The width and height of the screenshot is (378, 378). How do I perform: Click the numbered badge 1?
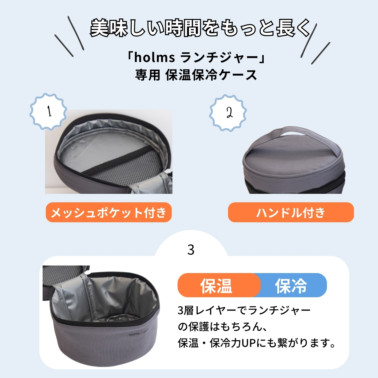[x=48, y=111]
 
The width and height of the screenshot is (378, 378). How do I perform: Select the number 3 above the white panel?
[x=191, y=250]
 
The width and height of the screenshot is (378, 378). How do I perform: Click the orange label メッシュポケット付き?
[x=109, y=212]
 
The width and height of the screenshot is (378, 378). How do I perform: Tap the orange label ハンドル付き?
[x=291, y=212]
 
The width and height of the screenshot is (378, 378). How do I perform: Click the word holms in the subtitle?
[x=155, y=57]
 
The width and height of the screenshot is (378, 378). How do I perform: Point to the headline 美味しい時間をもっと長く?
[x=200, y=28]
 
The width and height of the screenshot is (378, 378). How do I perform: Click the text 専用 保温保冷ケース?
[x=196, y=75]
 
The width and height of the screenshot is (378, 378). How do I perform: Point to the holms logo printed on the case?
[x=134, y=334]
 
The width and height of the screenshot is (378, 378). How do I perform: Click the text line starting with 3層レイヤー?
[x=244, y=311]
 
